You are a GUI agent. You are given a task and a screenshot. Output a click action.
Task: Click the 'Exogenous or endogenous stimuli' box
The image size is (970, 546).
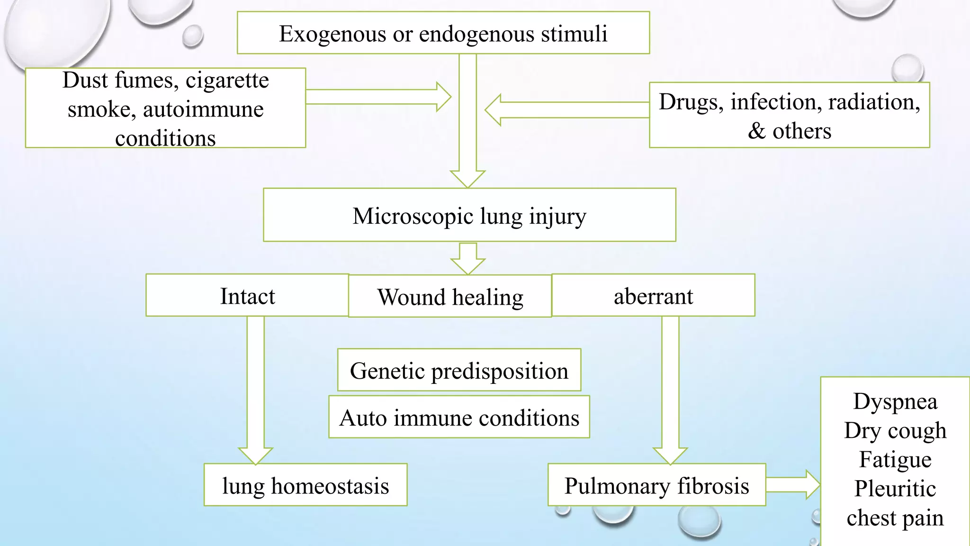point(443,33)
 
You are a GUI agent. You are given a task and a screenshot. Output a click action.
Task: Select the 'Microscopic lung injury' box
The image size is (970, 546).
point(469,215)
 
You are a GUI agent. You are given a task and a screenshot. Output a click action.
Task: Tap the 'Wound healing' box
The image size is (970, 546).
point(450,297)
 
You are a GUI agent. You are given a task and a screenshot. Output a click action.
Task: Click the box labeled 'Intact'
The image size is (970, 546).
point(247,296)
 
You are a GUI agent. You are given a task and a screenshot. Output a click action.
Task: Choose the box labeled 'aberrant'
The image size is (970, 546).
point(653,296)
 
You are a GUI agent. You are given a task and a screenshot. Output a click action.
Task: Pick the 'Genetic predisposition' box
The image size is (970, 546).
point(459,370)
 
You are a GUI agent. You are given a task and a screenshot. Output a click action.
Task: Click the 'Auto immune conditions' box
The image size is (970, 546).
point(459,418)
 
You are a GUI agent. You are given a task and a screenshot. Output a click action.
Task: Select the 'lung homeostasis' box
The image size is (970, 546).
point(305,485)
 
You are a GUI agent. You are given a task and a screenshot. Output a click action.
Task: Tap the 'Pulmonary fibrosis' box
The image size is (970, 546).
point(656,485)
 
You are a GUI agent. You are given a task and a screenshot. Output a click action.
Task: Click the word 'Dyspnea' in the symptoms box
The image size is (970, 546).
point(895,401)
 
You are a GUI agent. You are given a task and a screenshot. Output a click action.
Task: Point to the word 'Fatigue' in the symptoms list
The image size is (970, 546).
point(895,459)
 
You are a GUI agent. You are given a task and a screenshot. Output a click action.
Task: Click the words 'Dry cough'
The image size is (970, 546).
point(895,430)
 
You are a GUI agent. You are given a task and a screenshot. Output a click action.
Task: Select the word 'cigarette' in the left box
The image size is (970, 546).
point(227,80)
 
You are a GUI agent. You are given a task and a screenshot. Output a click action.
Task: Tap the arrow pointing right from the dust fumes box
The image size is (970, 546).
point(379,97)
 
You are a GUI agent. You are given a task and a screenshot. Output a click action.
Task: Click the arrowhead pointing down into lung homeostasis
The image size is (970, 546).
point(256,455)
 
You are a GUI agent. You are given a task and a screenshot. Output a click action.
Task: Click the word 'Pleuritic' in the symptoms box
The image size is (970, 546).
point(895,489)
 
